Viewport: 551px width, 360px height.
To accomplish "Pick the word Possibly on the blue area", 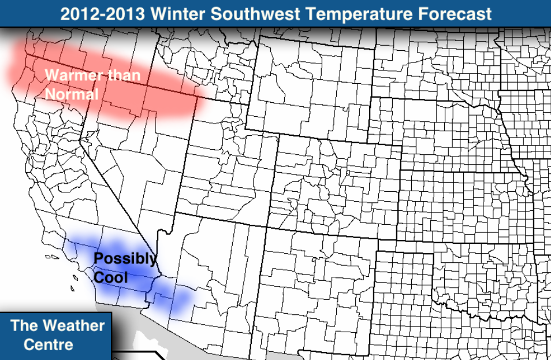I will tap(125, 259).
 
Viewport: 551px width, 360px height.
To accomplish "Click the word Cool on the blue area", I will tap(110, 277).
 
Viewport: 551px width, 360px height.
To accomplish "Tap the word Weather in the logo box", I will tap(75, 325).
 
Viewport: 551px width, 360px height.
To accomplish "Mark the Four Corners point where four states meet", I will tap(266, 227).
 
